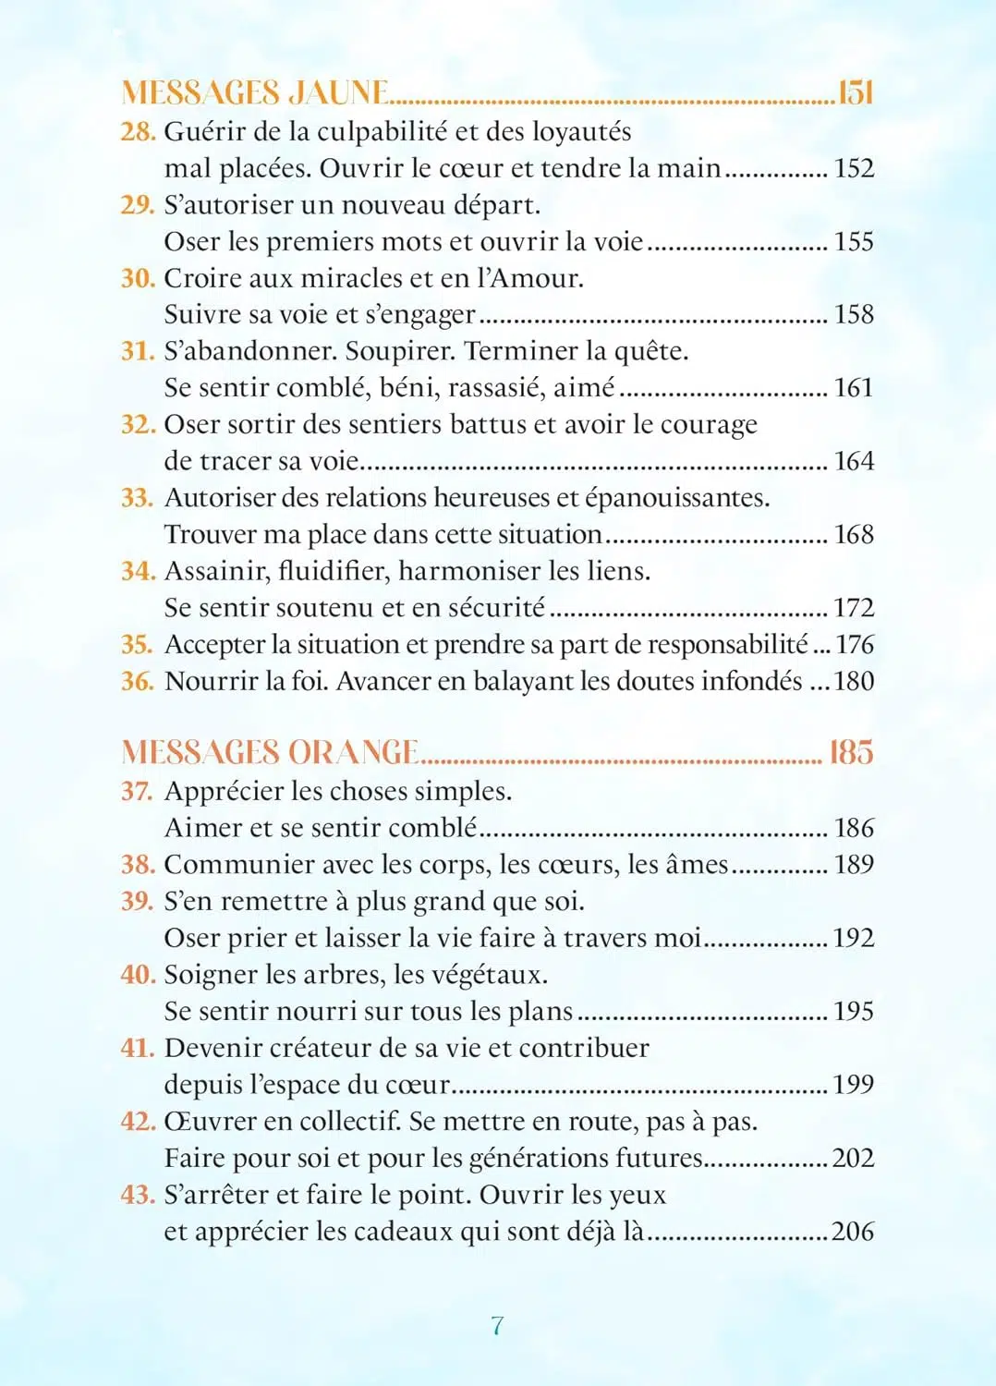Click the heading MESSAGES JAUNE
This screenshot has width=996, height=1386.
click(x=255, y=92)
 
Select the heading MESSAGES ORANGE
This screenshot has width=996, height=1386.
click(x=270, y=752)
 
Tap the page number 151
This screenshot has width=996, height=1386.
click(x=855, y=92)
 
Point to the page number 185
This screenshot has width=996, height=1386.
click(x=851, y=752)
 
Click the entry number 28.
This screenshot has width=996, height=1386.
click(x=138, y=132)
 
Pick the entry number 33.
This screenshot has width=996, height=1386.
click(x=137, y=498)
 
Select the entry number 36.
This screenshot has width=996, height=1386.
click(x=137, y=682)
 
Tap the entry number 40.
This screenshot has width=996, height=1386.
click(x=138, y=975)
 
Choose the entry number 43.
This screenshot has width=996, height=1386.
click(x=138, y=1195)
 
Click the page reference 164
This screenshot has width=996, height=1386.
click(x=854, y=461)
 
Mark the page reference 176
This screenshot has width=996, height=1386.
click(x=855, y=645)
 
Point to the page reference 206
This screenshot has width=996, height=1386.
click(x=853, y=1232)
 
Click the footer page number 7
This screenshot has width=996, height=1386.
click(x=498, y=1326)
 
